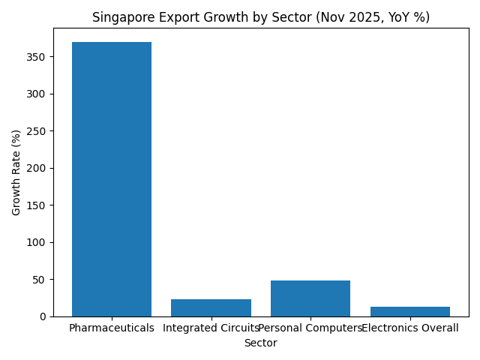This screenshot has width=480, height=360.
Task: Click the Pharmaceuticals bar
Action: click(x=112, y=179)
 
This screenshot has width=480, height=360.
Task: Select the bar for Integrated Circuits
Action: click(x=211, y=307)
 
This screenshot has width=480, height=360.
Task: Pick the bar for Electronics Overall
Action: click(x=410, y=311)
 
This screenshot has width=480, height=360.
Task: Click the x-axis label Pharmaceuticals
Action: click(x=112, y=328)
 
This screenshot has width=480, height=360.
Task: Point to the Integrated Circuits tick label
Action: click(x=211, y=328)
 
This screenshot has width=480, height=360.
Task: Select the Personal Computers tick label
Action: click(x=310, y=328)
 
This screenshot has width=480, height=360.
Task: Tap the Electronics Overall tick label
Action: click(x=410, y=328)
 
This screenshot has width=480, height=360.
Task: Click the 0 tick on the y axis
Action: click(x=43, y=316)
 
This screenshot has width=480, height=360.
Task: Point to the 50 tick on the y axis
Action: click(x=40, y=280)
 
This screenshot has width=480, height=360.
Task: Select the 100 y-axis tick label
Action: click(x=37, y=242)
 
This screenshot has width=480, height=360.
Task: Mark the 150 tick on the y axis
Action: click(x=37, y=205)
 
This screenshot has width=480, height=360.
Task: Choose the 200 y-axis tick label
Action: click(x=37, y=168)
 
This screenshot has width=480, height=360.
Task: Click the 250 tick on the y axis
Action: click(x=37, y=131)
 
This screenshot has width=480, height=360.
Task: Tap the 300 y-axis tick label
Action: click(x=37, y=94)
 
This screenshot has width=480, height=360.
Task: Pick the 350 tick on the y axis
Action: click(x=37, y=57)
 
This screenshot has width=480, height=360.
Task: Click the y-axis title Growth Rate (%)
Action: click(x=16, y=172)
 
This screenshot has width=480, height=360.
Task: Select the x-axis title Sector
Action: click(x=260, y=343)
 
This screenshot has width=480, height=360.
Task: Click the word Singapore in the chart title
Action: click(x=121, y=17)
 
